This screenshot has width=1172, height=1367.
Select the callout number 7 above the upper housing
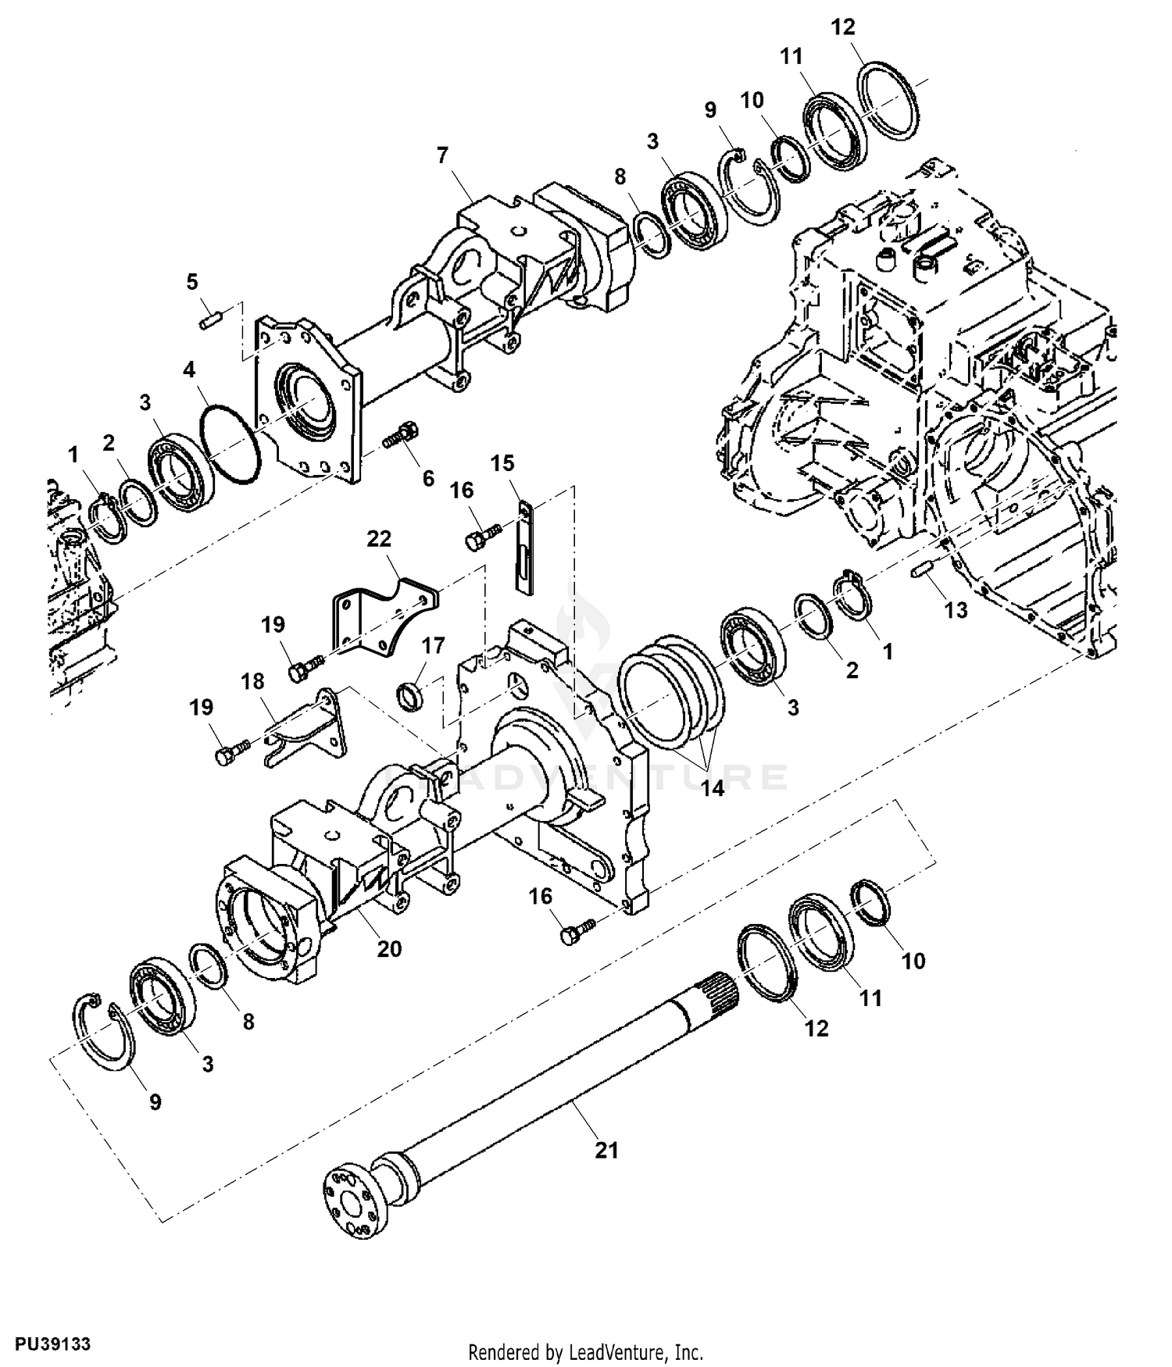442,155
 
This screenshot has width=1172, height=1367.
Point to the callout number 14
712,788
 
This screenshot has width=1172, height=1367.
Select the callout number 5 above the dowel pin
192,281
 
